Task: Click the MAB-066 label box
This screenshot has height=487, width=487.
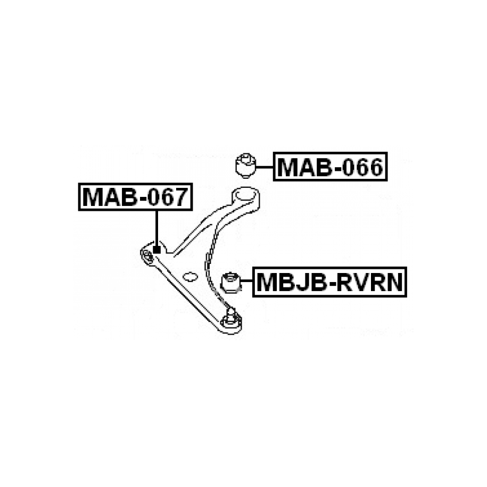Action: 330,167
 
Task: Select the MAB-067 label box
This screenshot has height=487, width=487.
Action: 135,197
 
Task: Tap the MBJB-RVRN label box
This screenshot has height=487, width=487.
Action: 329,282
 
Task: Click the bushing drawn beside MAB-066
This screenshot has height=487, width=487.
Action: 245,166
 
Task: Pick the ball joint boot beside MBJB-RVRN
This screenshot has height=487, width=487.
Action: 231,282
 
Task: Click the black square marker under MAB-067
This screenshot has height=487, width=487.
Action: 157,250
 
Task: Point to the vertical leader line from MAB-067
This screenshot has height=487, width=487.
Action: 157,228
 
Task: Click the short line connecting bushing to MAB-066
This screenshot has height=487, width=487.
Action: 264,167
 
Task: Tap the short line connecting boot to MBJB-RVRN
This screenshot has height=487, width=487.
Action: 247,281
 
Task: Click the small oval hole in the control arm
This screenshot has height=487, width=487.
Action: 190,276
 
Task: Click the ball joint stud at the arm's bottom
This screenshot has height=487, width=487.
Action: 231,317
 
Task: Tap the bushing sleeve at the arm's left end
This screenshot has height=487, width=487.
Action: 147,256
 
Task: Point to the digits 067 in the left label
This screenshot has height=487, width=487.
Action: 168,197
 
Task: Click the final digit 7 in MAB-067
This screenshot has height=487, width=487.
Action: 183,197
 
